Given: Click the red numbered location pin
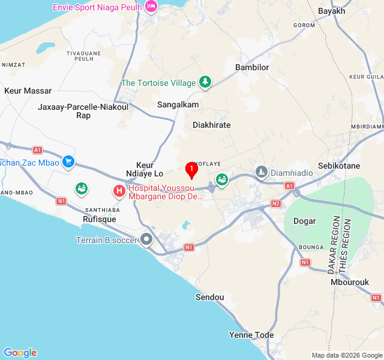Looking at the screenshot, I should point(191,170).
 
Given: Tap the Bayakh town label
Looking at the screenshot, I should point(332,11).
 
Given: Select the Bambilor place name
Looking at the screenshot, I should point(252,67).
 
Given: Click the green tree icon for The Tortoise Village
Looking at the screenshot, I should point(205,82).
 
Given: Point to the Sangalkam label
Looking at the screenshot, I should point(178,104).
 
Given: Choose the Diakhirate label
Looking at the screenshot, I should point(211,125).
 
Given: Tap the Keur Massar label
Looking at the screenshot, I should point(28,91).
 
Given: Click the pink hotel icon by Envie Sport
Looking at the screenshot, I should point(151,7).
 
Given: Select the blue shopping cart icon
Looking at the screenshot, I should point(68,161).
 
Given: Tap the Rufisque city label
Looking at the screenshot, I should point(99,219).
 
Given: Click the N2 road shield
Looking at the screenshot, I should point(276,203).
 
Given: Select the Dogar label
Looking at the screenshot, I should point(304,221).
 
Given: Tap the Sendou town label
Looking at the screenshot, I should point(210,297).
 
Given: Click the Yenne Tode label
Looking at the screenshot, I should point(251,335).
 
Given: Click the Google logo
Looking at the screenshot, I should point(20,353).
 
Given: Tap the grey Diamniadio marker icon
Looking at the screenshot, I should point(261,172).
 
